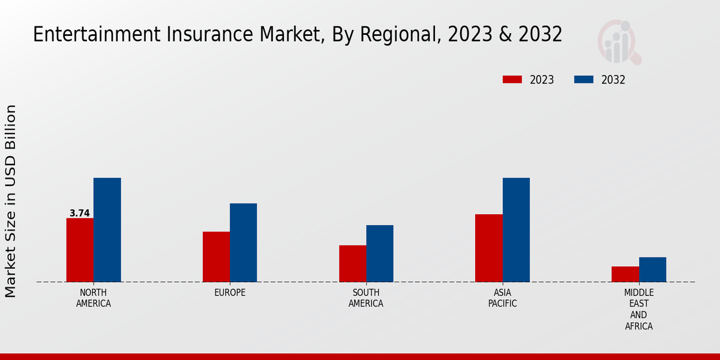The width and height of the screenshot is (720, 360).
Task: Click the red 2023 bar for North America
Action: coord(80,250)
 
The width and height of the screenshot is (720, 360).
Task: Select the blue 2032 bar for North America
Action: coord(107,230)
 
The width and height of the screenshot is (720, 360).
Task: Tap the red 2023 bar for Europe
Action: coord(216,257)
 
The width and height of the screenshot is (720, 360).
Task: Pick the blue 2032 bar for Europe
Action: coord(243,242)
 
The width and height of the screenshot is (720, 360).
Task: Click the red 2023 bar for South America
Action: coord(352,263)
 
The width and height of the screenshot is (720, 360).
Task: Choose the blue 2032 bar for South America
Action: coord(380,253)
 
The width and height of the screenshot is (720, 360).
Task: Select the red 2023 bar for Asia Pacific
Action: coord(488,248)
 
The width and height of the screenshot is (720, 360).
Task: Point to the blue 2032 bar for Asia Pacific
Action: coord(516,230)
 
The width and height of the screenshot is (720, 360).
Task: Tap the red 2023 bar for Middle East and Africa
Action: coord(625,274)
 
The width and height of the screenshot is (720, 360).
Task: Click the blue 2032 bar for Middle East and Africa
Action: coord(652,269)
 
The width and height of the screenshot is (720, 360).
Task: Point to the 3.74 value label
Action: coord(80,213)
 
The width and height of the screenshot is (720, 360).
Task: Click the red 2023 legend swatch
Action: coord(512,80)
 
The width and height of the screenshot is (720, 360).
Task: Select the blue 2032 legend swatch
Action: coord(584,80)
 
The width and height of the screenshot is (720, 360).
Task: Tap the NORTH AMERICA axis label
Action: coord(94,298)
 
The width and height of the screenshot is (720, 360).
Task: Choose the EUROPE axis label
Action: coord(230,293)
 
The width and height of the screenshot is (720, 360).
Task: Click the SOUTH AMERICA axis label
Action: coord(366,298)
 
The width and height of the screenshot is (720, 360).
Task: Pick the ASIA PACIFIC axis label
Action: coord(502,298)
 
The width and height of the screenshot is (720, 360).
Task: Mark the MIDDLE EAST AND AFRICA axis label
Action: coord(638,310)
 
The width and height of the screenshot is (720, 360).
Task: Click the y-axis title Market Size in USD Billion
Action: coord(11,201)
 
